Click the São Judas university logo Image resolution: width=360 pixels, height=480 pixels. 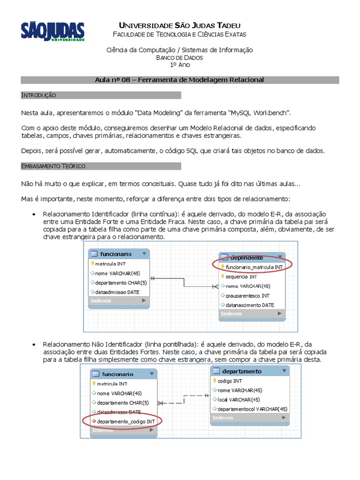52,32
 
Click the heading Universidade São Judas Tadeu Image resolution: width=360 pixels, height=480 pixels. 180,25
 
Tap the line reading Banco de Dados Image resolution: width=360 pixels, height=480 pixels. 180,58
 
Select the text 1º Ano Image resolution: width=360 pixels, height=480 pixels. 180,65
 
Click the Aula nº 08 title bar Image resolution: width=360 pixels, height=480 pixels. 180,80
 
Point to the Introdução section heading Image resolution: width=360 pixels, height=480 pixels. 39,96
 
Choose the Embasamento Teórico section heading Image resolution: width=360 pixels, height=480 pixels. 53,166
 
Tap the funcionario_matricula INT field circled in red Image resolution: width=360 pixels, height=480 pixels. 254,267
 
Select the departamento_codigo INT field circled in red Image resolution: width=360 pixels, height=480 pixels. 125,421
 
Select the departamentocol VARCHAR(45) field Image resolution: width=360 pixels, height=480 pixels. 252,409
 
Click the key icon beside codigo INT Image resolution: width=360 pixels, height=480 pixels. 215,381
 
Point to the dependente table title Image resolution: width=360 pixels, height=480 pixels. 247,257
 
